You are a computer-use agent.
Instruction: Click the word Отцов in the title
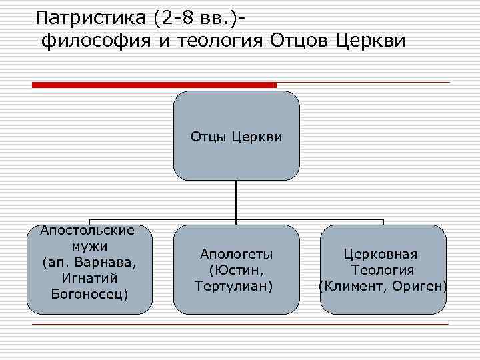[299, 41]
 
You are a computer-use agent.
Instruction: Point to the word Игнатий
[89, 277]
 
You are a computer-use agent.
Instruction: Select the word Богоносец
[89, 293]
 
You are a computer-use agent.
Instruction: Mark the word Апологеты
[237, 254]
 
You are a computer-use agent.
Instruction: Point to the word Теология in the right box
[383, 270]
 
